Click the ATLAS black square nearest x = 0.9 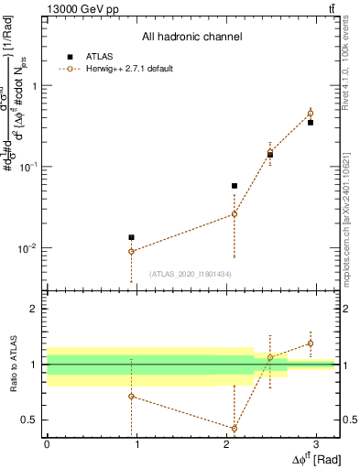tap(131, 237)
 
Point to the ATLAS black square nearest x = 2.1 tap(235, 186)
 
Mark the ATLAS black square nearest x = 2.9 tap(311, 122)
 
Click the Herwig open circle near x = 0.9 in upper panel tap(131, 251)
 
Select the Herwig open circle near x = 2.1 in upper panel tap(235, 214)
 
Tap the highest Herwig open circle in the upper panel tap(311, 114)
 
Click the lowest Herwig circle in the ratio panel tap(235, 428)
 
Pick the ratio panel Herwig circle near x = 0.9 tap(131, 396)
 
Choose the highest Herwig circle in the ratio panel tap(311, 344)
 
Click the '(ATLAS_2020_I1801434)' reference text tap(191, 274)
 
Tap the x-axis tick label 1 tap(136, 443)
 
